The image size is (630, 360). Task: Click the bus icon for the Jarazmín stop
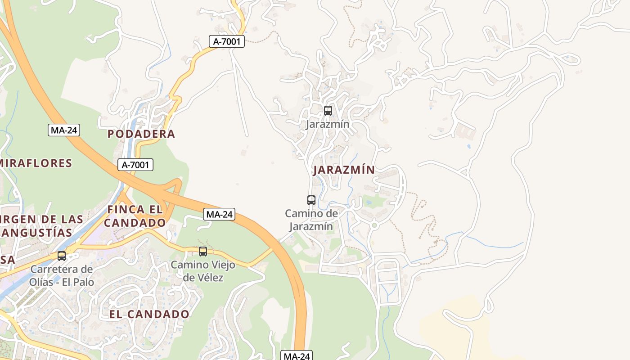click(328, 110)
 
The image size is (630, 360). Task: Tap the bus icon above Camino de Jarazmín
click(311, 200)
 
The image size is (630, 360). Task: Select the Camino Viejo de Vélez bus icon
click(203, 252)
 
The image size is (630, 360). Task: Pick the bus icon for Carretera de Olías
click(62, 256)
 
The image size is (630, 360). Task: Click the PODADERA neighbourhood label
click(141, 134)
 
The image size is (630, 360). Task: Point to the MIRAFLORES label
click(36, 163)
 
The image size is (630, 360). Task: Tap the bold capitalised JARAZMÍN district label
click(344, 170)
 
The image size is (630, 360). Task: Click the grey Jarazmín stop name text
click(328, 124)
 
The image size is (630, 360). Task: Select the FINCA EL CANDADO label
click(135, 216)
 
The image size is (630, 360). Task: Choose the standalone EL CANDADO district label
click(149, 314)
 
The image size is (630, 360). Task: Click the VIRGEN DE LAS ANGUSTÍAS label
click(41, 226)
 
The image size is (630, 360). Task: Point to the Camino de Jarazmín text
click(311, 220)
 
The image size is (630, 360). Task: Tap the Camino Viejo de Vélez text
click(203, 271)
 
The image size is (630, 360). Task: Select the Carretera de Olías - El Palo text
click(62, 275)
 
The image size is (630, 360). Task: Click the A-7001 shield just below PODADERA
click(135, 165)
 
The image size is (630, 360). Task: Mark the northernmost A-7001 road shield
click(227, 42)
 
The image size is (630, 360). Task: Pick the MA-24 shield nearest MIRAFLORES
click(64, 130)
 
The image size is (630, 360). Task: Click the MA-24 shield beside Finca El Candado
click(219, 214)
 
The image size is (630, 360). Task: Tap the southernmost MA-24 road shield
click(297, 356)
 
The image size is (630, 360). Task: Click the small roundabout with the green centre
click(374, 224)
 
